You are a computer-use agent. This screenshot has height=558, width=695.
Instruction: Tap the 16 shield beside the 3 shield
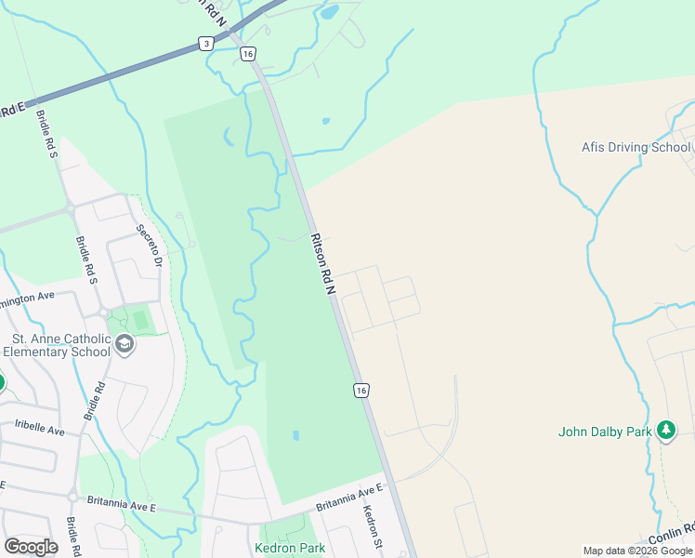pos(247,54)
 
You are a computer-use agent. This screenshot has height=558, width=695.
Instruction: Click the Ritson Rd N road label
pos(321,264)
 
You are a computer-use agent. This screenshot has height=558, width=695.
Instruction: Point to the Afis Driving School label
pos(636,147)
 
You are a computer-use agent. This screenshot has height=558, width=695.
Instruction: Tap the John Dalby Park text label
pos(604,432)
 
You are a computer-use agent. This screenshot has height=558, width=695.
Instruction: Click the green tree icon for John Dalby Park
pos(665,430)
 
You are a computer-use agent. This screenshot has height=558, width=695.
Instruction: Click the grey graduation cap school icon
pos(125,346)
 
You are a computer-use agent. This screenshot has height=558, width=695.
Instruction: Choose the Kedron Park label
pos(290,548)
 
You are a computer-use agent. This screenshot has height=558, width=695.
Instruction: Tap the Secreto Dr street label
pos(150,246)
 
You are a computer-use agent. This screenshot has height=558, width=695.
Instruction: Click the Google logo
pos(31,547)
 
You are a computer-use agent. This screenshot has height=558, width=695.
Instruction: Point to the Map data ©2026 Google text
pos(637,551)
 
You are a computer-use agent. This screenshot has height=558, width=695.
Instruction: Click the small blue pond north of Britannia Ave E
pos(295,435)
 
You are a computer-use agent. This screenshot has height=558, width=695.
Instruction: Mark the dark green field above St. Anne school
pos(140,321)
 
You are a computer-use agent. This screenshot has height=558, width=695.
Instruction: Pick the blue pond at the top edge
pos(329,13)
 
